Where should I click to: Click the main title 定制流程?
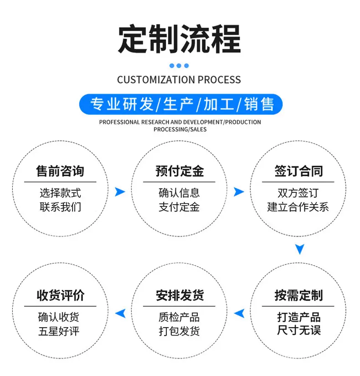coord(180,39)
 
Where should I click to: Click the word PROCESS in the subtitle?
coord(219,80)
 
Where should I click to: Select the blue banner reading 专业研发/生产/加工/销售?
coord(181,104)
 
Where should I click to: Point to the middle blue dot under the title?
coord(179,66)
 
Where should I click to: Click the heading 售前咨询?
coord(60,171)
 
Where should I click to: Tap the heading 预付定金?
coord(180,171)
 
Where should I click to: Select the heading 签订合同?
coord(298,171)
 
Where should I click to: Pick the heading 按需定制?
coord(298,295)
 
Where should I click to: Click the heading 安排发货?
coord(180,295)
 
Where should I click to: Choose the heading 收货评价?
coord(60,295)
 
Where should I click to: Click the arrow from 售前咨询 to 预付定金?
coord(120,192)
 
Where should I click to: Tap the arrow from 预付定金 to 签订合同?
coord(239,192)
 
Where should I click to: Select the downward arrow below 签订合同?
coord(300,249)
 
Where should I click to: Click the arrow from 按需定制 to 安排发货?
coord(239,313)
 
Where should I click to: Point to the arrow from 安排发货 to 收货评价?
coord(120,313)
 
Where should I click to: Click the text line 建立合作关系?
coord(298,207)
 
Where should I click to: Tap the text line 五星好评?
coord(59,331)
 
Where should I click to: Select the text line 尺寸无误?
coord(299,330)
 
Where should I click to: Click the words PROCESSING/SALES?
coord(180,129)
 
